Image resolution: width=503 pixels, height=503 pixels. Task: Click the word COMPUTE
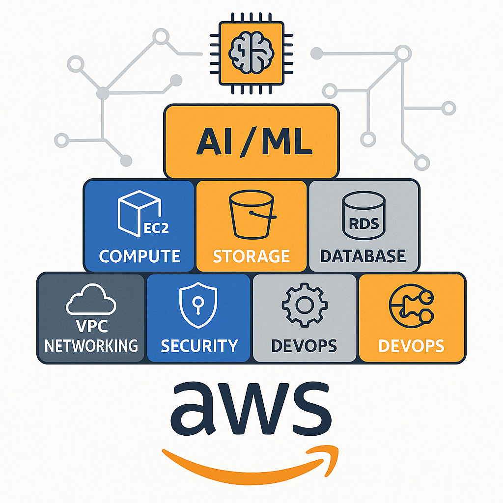pos(140,256)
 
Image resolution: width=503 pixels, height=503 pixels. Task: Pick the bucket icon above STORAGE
pos(251,216)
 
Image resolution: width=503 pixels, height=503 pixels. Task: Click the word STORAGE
pos(251,256)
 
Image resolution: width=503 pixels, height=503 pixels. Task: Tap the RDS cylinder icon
pos(364,216)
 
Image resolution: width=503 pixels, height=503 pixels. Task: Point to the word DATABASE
pos(363,256)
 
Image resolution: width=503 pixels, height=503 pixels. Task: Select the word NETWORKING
pos(91,345)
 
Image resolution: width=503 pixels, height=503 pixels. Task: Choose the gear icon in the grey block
pos(304,305)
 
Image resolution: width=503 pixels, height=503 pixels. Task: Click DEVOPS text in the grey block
pos(304,346)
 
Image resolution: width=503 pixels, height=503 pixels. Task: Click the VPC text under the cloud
pos(91,327)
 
